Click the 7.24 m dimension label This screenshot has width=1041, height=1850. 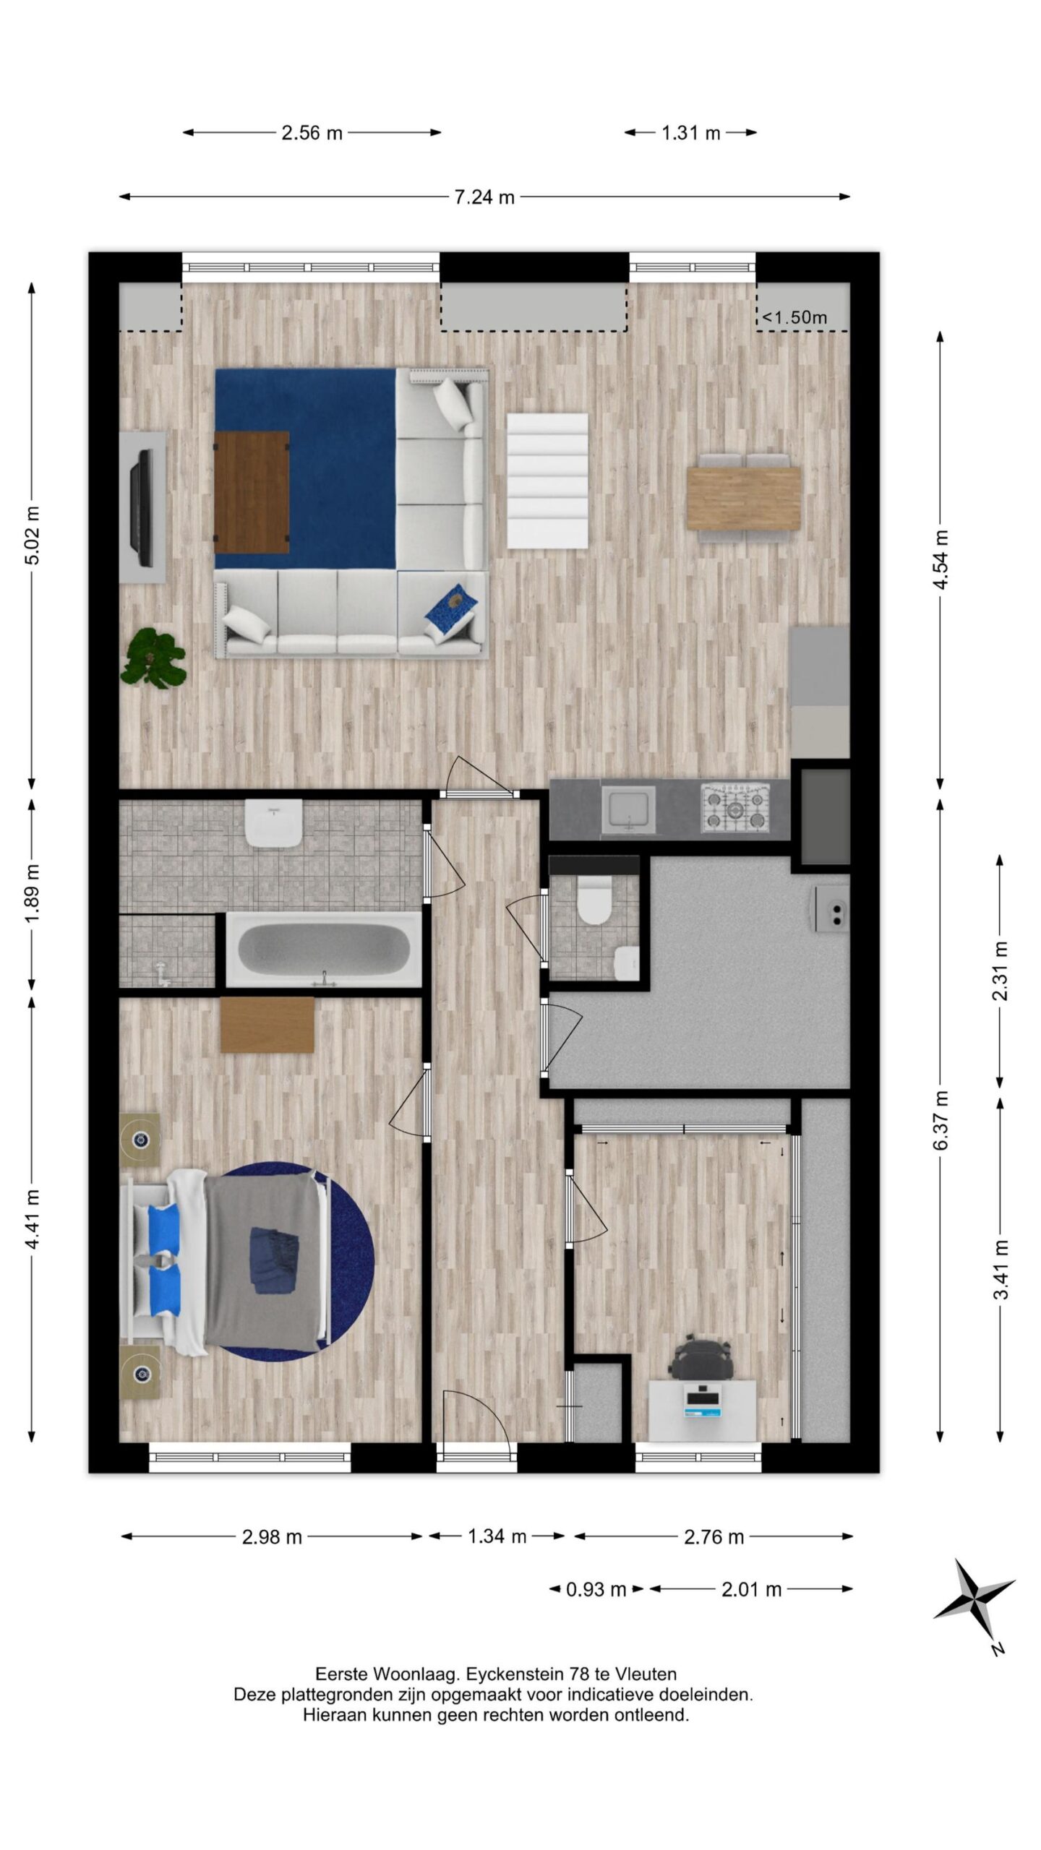[x=484, y=197]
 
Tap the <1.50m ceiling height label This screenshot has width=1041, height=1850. [x=795, y=317]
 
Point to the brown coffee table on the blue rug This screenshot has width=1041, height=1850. [x=252, y=491]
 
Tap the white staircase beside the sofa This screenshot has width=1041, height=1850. [x=547, y=480]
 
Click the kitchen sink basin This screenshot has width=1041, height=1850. [x=628, y=808]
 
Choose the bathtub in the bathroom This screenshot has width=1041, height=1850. [x=323, y=949]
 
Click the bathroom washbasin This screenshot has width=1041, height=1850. [x=273, y=822]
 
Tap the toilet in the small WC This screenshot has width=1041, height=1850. [x=594, y=900]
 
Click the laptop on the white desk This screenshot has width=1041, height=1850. [x=703, y=1401]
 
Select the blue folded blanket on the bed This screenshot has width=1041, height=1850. [x=273, y=1260]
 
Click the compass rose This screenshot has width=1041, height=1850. [x=974, y=1601]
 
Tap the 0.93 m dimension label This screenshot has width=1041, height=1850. [x=596, y=1589]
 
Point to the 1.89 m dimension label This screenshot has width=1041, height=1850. [x=31, y=893]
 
